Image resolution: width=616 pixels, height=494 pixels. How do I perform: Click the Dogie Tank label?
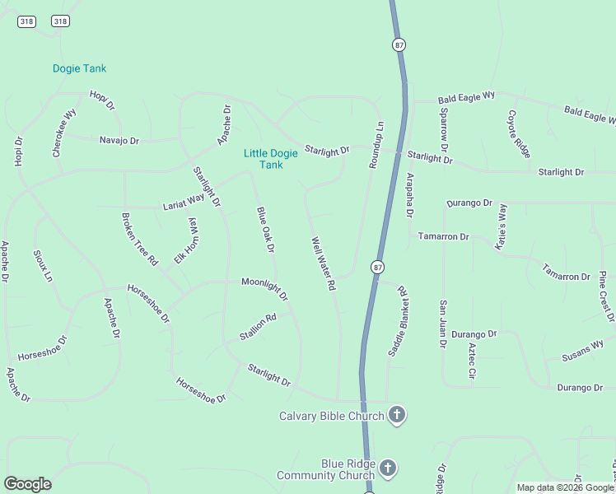point(79,68)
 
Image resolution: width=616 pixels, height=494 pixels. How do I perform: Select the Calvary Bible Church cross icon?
point(397,415)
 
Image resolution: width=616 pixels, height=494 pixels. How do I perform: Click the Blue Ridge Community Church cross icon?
point(388,469)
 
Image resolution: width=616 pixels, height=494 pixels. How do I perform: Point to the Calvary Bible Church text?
point(332,416)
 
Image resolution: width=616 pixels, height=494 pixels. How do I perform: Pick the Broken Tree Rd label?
point(139,239)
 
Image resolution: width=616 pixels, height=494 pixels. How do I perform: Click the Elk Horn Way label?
point(186,241)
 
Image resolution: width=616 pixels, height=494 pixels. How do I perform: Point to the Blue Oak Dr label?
point(265,229)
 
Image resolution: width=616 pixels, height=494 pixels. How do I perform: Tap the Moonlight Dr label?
point(264,287)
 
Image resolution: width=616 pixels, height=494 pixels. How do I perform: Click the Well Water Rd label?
point(324,263)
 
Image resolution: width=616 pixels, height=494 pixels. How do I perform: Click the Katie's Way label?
point(499,226)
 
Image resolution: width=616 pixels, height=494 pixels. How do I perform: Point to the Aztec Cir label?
point(472,361)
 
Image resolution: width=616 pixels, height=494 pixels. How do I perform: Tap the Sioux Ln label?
point(43,265)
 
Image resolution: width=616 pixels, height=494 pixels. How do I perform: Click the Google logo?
point(27,484)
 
